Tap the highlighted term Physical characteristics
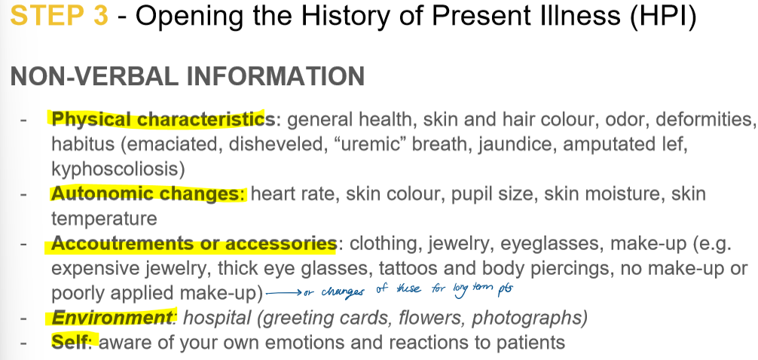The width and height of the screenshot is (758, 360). coord(158,119)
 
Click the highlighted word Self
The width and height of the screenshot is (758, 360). coord(71,342)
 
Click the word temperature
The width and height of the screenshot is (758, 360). coord(104,218)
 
